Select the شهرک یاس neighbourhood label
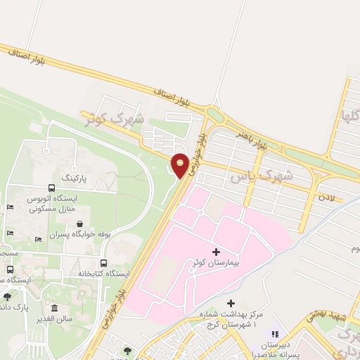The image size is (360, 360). tap(260, 176)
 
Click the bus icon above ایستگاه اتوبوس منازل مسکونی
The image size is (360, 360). tap(52, 188)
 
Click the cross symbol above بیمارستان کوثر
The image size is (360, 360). tap(216, 251)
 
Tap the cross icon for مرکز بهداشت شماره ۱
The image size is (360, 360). tap(231, 303)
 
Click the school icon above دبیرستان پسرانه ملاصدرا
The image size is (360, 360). tap(275, 334)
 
